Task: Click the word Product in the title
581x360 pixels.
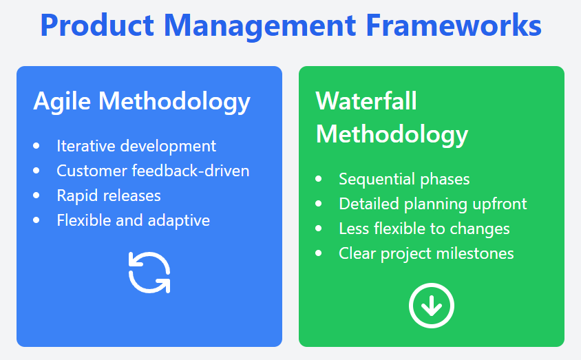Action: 97,25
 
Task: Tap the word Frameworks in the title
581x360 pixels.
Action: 454,25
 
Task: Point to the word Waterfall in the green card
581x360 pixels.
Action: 366,100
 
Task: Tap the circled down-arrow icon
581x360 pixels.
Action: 432,306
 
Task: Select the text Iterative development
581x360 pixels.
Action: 136,146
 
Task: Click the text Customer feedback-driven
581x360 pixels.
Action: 153,171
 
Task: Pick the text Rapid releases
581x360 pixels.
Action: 109,195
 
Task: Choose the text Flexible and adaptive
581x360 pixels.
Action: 134,220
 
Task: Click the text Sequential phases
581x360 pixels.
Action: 404,179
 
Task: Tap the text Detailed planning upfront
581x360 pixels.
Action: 433,204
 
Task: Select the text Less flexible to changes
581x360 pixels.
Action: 424,229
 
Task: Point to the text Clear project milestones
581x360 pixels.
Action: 426,254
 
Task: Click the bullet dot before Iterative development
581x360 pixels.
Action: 36,146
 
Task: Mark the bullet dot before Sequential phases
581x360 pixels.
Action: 318,179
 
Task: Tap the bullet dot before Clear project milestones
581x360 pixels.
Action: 318,253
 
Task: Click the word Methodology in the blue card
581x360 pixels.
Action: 175,102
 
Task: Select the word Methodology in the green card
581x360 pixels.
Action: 392,135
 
